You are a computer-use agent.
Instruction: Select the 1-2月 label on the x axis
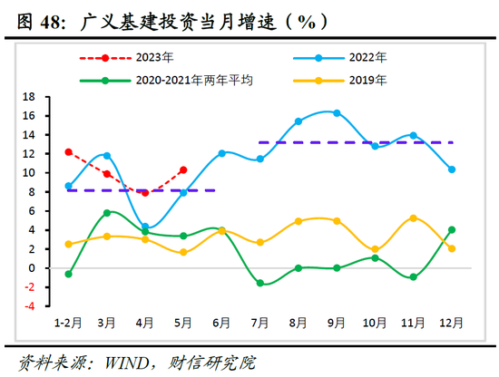pyautogui.click(x=68, y=322)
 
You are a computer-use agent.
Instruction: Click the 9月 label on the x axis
pyautogui.click(x=336, y=322)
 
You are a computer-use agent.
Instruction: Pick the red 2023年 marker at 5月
pyautogui.click(x=183, y=169)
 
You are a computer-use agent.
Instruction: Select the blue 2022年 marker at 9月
pyautogui.click(x=337, y=113)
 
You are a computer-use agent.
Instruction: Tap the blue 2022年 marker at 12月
pyautogui.click(x=451, y=169)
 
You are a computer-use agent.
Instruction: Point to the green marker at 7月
pyautogui.click(x=260, y=284)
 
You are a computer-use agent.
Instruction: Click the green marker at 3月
pyautogui.click(x=107, y=213)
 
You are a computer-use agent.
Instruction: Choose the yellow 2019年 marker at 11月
pyautogui.click(x=413, y=218)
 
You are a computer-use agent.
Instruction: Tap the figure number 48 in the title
pyautogui.click(x=54, y=18)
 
